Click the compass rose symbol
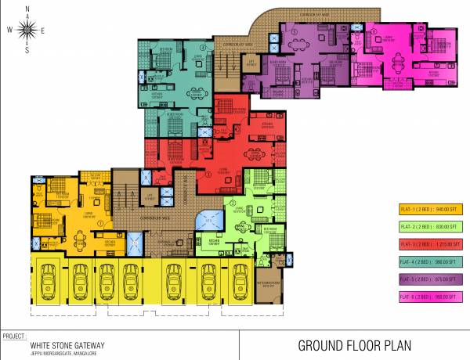click(26, 30)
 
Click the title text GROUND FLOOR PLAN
click(354, 345)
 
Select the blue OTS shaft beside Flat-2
click(209, 221)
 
